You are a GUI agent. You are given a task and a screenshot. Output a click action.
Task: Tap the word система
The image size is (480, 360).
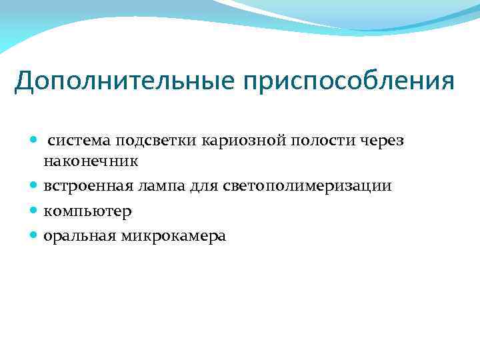click(x=79, y=141)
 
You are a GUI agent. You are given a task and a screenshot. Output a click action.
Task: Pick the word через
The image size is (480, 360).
click(x=383, y=141)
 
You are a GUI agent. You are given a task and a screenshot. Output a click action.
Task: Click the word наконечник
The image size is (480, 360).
click(x=91, y=161)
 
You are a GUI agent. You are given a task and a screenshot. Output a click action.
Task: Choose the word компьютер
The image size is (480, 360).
click(x=87, y=211)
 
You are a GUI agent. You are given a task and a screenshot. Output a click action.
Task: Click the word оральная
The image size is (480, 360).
click(x=79, y=236)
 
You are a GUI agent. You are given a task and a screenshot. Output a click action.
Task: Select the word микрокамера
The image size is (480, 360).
click(x=173, y=236)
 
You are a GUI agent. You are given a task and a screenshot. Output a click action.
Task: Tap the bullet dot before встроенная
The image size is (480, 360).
click(x=35, y=186)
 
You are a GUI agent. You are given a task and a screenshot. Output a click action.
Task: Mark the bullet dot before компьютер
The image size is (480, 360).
click(x=35, y=211)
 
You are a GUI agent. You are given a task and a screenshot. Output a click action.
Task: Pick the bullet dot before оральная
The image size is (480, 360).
click(x=35, y=236)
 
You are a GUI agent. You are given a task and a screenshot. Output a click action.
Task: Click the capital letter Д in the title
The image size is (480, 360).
click(x=25, y=82)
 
